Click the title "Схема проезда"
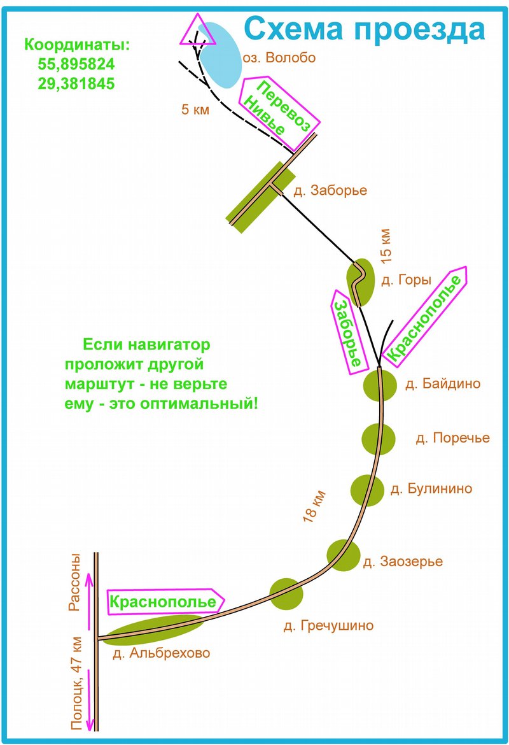[365, 29]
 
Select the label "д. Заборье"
[330, 190]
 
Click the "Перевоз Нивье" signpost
[278, 112]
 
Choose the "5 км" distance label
[195, 110]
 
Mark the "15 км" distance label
[386, 245]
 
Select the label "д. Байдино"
[443, 383]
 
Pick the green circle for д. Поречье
[379, 438]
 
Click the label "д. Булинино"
[431, 489]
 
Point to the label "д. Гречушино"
[328, 626]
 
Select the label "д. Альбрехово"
[161, 653]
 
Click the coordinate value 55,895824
[76, 65]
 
